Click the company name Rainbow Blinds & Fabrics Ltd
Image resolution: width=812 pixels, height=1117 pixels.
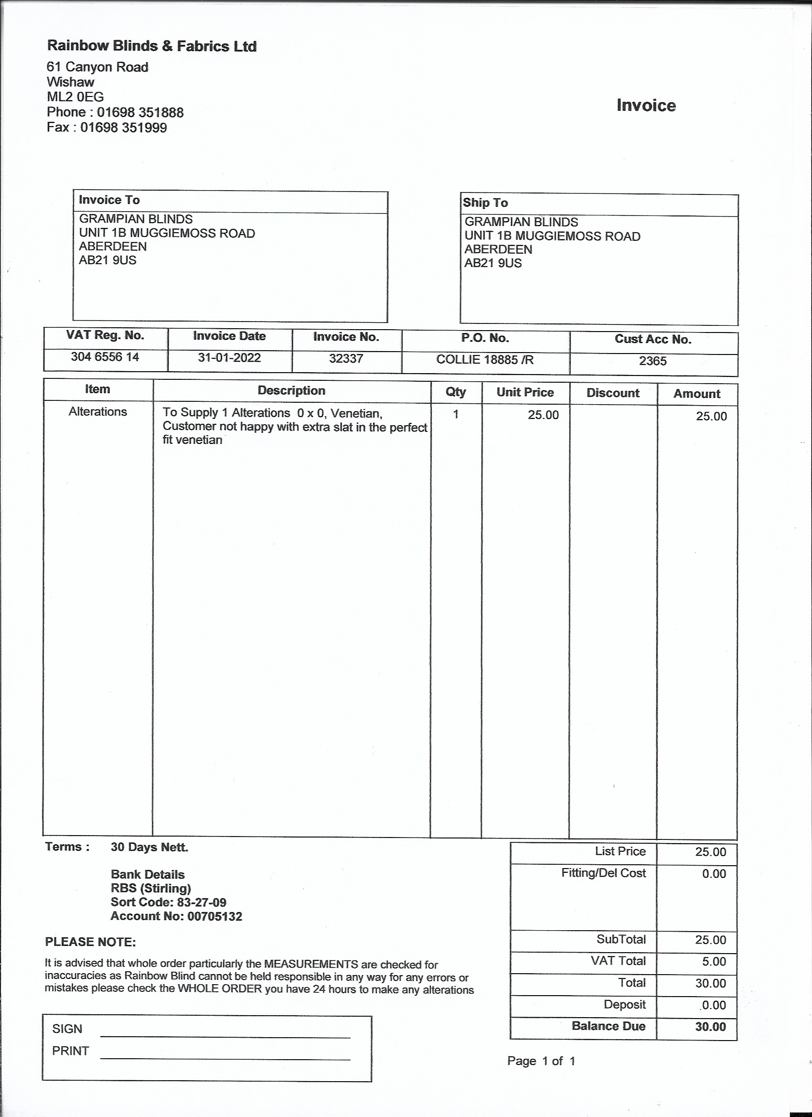[152, 46]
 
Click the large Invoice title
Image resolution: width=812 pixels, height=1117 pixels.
[646, 106]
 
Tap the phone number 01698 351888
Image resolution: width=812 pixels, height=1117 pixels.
[140, 112]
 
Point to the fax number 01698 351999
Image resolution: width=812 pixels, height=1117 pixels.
[123, 128]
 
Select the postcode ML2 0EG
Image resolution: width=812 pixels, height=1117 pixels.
[75, 97]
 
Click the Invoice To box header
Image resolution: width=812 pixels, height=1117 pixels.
[109, 200]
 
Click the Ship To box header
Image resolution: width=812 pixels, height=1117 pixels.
[485, 203]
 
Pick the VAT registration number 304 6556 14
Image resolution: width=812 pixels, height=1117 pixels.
[105, 357]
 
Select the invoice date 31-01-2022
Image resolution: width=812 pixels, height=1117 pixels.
[229, 358]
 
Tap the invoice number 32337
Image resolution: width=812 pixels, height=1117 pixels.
[346, 358]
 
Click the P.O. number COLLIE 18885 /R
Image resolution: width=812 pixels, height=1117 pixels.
[484, 360]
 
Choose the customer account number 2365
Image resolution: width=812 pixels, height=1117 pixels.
[652, 361]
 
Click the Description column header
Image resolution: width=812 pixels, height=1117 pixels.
[291, 391]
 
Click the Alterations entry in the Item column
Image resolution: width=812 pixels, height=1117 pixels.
[97, 412]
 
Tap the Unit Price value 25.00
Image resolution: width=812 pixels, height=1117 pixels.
[543, 415]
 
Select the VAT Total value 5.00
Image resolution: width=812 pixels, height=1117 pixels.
[714, 961]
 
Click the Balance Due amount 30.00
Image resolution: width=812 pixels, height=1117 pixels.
[710, 1027]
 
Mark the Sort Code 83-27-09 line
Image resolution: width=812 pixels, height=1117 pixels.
[169, 902]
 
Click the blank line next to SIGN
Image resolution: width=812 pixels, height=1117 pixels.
[225, 1033]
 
